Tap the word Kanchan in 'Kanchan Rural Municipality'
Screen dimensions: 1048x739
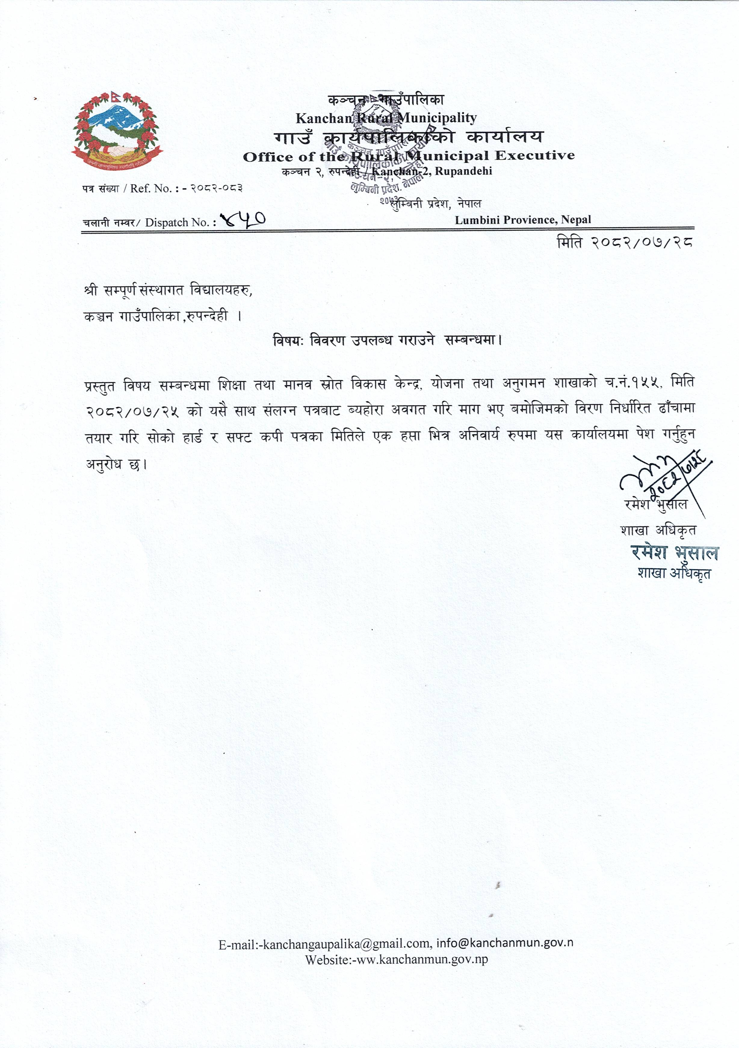pyautogui.click(x=324, y=118)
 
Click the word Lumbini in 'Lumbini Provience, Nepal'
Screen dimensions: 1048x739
pyautogui.click(x=477, y=220)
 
